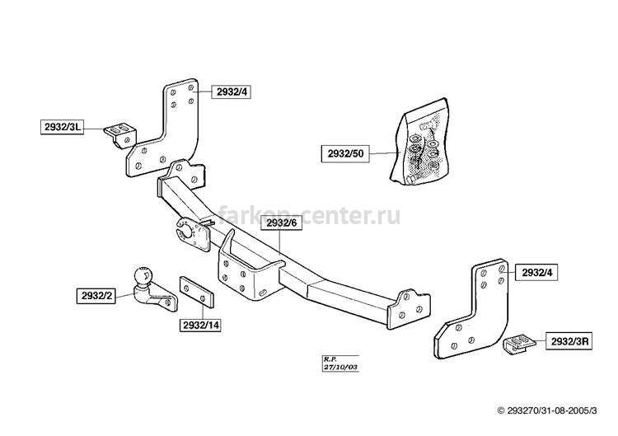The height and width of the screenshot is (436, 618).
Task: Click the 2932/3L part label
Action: pyautogui.click(x=63, y=127)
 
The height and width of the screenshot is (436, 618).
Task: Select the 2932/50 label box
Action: pyautogui.click(x=345, y=154)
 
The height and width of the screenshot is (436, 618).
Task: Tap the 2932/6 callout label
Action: pyautogui.click(x=282, y=223)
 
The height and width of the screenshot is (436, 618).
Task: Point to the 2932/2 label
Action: pyautogui.click(x=96, y=296)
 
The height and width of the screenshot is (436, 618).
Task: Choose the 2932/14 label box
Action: pyautogui.click(x=200, y=326)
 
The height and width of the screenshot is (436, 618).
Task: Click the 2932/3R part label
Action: pyautogui.click(x=569, y=341)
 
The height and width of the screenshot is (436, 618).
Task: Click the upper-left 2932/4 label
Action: pyautogui.click(x=232, y=91)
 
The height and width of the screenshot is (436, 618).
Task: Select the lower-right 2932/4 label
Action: pyautogui.click(x=536, y=273)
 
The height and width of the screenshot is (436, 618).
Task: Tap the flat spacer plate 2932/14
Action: pyautogui.click(x=197, y=292)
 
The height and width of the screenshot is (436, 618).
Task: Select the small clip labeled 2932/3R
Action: pyautogui.click(x=518, y=345)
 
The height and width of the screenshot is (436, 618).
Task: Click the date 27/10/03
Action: pyautogui.click(x=340, y=367)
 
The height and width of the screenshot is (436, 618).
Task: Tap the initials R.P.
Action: pyautogui.click(x=330, y=359)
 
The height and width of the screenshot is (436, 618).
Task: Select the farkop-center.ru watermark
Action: pyautogui.click(x=309, y=216)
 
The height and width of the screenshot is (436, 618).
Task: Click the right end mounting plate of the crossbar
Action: pyautogui.click(x=409, y=309)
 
